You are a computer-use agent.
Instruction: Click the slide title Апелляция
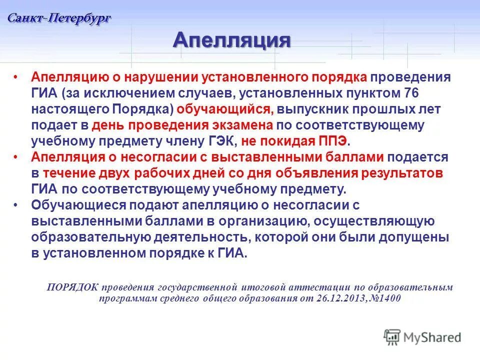(x=231, y=40)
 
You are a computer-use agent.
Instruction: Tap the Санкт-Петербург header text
(x=59, y=18)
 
